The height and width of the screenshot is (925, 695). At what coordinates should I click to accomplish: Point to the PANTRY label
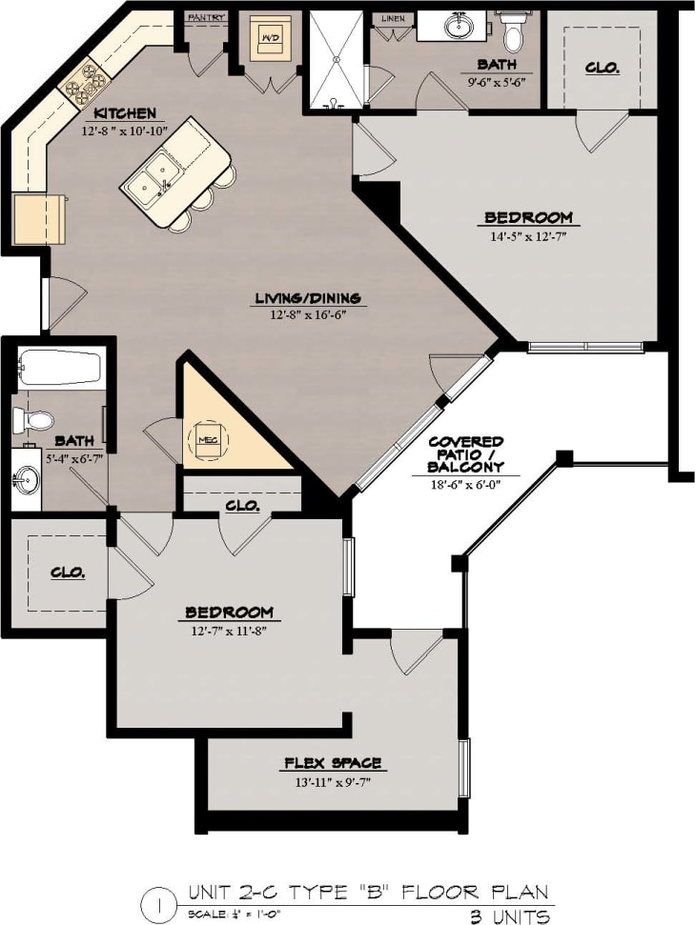pos(205,17)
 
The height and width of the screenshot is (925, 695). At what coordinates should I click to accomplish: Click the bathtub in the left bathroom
pos(59,369)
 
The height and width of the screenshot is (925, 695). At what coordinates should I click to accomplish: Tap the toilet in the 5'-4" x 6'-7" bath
pos(35,420)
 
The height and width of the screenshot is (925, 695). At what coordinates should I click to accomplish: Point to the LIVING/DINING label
pos(307,299)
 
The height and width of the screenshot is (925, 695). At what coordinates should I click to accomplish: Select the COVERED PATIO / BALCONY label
pos(465,454)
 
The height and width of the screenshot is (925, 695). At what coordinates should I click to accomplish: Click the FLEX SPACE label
pos(333,763)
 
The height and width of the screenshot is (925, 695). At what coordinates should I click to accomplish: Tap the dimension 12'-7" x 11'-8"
pos(229,630)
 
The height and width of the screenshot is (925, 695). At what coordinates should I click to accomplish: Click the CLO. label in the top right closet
pos(603,68)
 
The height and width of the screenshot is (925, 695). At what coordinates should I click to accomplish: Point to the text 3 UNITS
pos(509,916)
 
